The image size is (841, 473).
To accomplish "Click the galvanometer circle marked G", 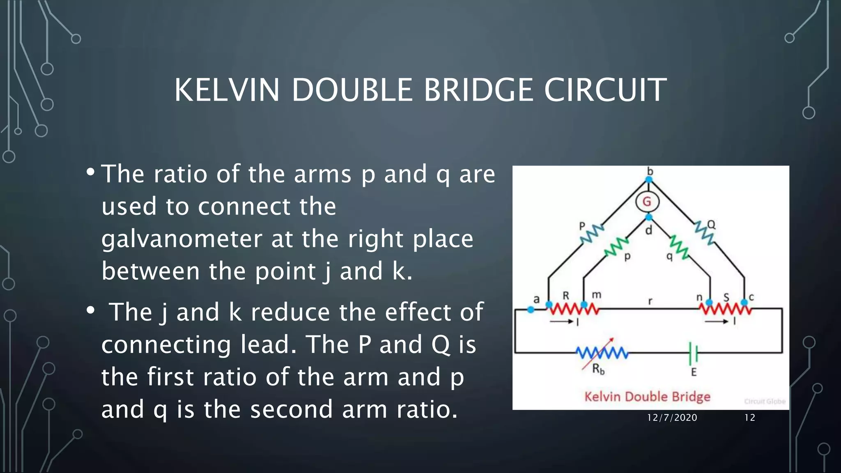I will (x=647, y=202).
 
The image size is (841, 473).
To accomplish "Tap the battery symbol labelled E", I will (x=693, y=353).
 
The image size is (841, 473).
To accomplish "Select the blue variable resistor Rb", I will (x=602, y=353).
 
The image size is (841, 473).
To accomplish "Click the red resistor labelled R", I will (x=567, y=308).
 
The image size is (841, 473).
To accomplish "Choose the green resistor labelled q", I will (x=679, y=247).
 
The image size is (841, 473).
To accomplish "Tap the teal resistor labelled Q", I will (x=704, y=233).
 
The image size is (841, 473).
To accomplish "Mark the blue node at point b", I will (x=649, y=179).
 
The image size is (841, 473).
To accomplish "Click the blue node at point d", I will (x=649, y=217).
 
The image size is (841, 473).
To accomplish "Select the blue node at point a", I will (x=531, y=310).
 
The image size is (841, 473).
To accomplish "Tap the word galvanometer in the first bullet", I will (x=182, y=239).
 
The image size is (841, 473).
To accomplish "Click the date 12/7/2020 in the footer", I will (x=672, y=418).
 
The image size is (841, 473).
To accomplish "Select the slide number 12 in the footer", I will (x=750, y=418).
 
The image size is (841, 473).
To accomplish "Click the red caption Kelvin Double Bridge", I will (x=647, y=397).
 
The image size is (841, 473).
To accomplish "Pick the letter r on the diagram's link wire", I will (x=650, y=301).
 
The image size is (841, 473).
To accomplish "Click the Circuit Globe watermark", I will (x=765, y=401).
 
